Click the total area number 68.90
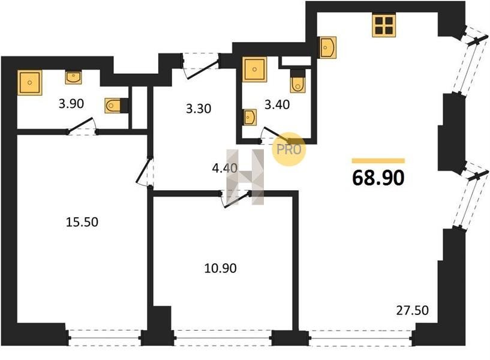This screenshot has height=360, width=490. tap(378, 178)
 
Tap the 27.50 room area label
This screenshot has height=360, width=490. tap(413, 310)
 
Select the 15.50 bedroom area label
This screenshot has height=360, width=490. tap(82, 222)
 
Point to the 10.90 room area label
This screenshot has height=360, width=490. tap(220, 268)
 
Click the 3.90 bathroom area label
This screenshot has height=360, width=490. tap(71, 103)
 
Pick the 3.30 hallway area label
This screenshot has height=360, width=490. tap(199, 109)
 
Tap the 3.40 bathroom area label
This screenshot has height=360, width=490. tap(277, 104)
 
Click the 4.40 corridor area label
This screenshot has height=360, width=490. tap(224, 169)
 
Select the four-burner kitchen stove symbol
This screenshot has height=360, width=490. tap(384, 25)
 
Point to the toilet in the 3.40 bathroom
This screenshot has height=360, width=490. tap(297, 80)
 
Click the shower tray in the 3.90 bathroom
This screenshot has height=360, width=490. tap(29, 83)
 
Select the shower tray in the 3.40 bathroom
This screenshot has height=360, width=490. tap(255, 70)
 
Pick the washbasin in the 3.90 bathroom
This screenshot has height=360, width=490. tap(73, 77)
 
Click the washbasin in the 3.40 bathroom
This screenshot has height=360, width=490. tap(249, 118)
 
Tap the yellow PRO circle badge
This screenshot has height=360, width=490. tap(289, 149)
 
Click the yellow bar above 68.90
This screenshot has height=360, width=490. tap(378, 161)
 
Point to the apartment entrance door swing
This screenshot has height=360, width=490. tap(202, 69)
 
